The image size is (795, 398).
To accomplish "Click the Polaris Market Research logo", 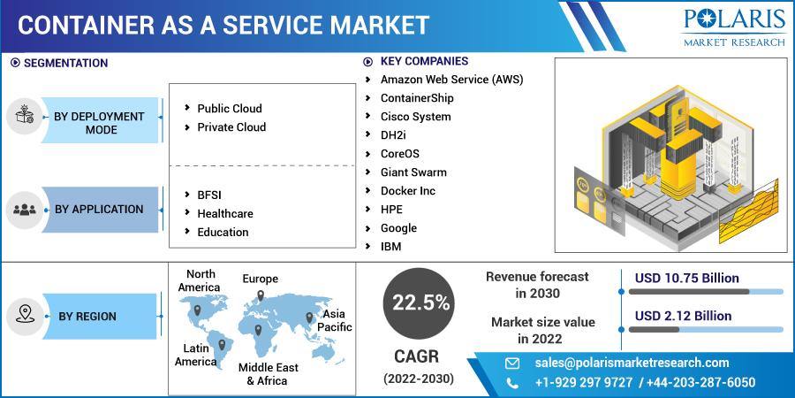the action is coord(734,28).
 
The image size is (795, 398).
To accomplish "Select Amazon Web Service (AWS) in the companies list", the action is coord(451,80).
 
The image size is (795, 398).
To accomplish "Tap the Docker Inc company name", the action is coord(407,191).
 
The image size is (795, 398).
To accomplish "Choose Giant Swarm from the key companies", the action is coord(413,172).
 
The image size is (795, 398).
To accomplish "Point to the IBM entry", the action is coord(391,247).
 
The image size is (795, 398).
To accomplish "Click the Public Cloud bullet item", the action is coord(230,109).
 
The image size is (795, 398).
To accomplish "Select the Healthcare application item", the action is coord(225,214).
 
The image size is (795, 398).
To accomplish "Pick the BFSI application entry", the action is coord(209,195).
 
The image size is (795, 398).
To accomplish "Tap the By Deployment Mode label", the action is coord(99,123).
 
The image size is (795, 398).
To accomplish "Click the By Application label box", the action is coord(99,209).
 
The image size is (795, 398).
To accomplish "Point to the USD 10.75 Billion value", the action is coord(686,279).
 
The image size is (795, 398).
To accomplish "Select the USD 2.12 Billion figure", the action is coord(683,316).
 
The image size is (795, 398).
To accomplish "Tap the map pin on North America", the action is coord(197,310).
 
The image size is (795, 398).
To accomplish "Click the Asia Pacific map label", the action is coord(334,320).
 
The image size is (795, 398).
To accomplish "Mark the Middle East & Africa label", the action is coord(269,374).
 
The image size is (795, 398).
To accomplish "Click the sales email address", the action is coord(632,363).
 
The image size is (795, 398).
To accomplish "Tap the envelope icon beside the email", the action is coord(512,364).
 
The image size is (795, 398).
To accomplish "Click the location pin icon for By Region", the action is coord(24,314).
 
